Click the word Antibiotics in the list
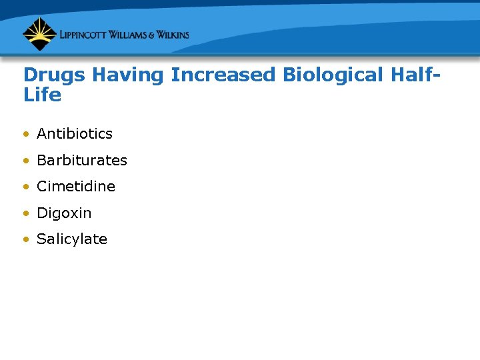pyautogui.click(x=75, y=133)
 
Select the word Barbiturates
pyautogui.click(x=82, y=160)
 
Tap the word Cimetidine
pyautogui.click(x=76, y=187)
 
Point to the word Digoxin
pyautogui.click(x=64, y=213)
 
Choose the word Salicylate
pyautogui.click(x=72, y=239)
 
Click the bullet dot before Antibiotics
pyautogui.click(x=25, y=134)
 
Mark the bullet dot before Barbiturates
pyautogui.click(x=25, y=161)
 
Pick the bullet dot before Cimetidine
pyautogui.click(x=25, y=187)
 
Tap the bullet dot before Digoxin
pyautogui.click(x=25, y=214)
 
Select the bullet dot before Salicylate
pyautogui.click(x=25, y=240)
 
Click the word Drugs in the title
pyautogui.click(x=55, y=75)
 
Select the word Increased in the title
pyautogui.click(x=223, y=75)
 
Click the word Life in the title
pyautogui.click(x=42, y=95)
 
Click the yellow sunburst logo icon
pyautogui.click(x=39, y=34)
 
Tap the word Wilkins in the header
pyautogui.click(x=175, y=35)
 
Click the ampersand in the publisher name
pyautogui.click(x=155, y=35)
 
